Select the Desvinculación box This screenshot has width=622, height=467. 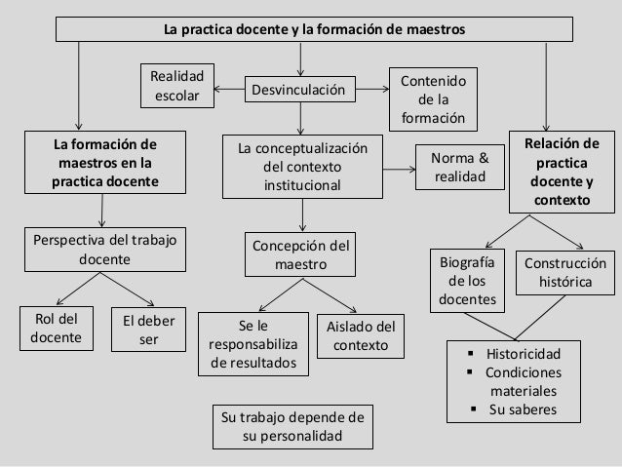pyautogui.click(x=299, y=91)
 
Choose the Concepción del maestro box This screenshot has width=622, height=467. pyautogui.click(x=300, y=254)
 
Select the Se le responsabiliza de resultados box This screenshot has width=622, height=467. pyautogui.click(x=253, y=343)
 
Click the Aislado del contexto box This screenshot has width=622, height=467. pyautogui.click(x=361, y=335)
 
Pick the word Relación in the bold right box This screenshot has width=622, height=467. pyautogui.click(x=563, y=145)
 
